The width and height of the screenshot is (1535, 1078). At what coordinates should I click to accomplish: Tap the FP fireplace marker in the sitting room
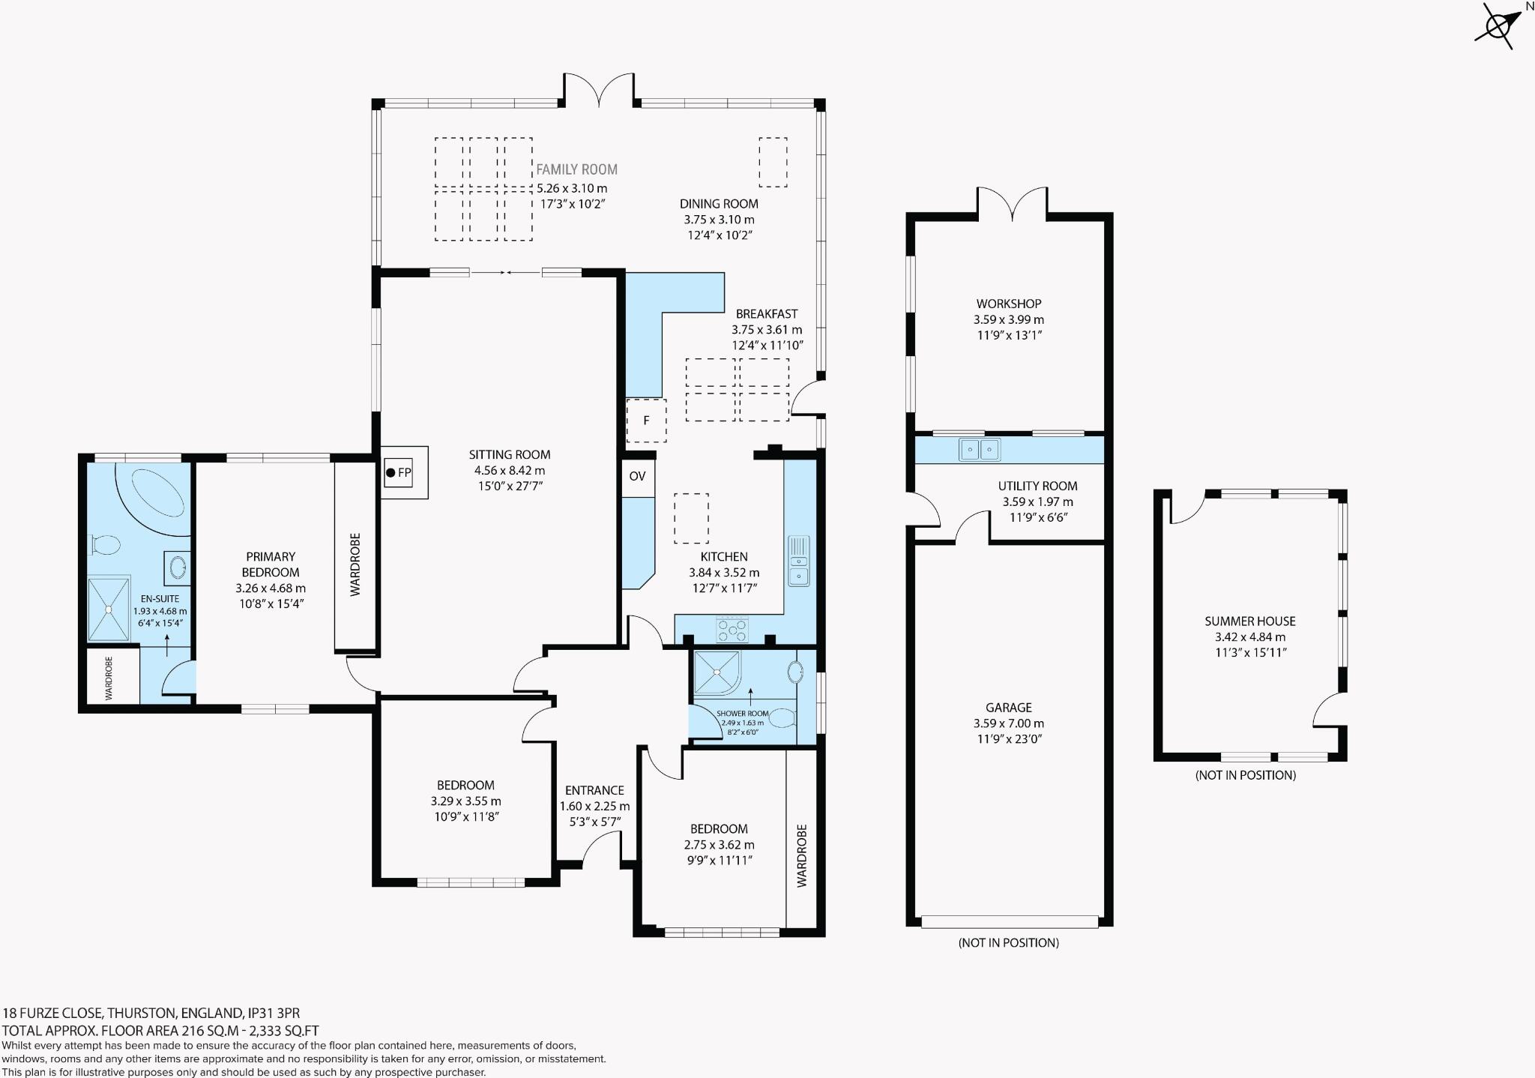point(399,473)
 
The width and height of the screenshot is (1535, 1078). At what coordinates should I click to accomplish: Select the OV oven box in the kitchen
point(637,476)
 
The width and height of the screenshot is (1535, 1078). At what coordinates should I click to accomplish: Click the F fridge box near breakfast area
point(646,421)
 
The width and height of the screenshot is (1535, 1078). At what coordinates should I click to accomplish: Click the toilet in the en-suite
point(105,543)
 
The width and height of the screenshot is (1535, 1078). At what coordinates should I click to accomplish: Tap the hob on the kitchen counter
point(732,630)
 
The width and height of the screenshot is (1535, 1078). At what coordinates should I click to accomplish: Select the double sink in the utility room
point(980,450)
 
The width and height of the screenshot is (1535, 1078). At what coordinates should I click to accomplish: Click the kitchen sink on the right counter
point(798,561)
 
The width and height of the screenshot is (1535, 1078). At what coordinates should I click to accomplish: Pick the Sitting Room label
point(510,454)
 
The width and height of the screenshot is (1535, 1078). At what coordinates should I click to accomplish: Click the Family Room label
point(576,170)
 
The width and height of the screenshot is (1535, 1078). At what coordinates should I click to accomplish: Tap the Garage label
point(1008,708)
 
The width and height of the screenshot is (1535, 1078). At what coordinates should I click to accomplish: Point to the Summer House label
point(1249,621)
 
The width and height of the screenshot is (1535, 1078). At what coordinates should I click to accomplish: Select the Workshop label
point(1008,304)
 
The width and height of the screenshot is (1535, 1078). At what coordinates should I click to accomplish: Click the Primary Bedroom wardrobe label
point(355,564)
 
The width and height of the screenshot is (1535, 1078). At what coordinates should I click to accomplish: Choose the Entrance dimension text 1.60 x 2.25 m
point(594,807)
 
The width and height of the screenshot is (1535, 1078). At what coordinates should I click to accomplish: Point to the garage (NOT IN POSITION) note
point(1008,942)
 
